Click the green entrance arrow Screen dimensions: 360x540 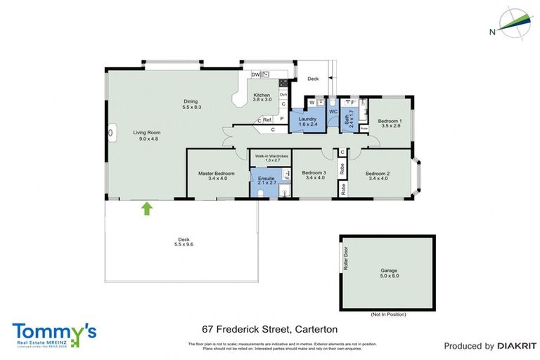147,208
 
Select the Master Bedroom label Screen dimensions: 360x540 215,173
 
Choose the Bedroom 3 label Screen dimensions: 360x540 314,172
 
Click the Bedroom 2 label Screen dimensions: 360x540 378,172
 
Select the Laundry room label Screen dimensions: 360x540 307,120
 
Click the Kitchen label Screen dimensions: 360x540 262,95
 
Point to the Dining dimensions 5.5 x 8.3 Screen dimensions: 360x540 192,107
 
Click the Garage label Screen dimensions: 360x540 390,270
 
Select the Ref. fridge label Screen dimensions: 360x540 267,120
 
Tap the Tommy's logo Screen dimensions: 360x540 53,333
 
